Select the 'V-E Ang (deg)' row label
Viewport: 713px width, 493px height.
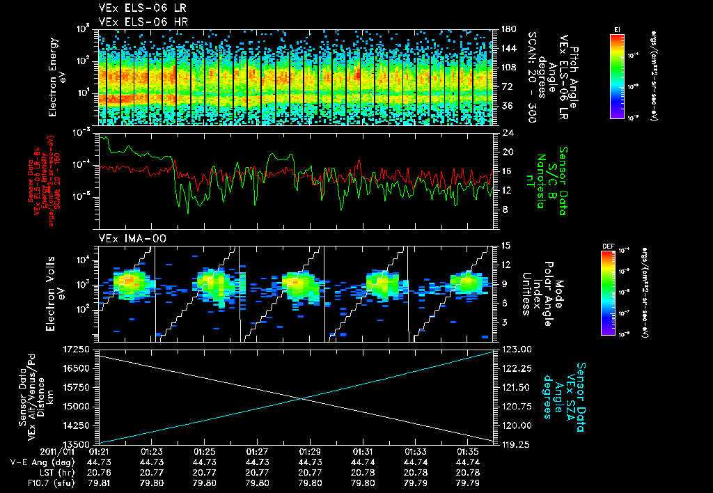39,461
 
